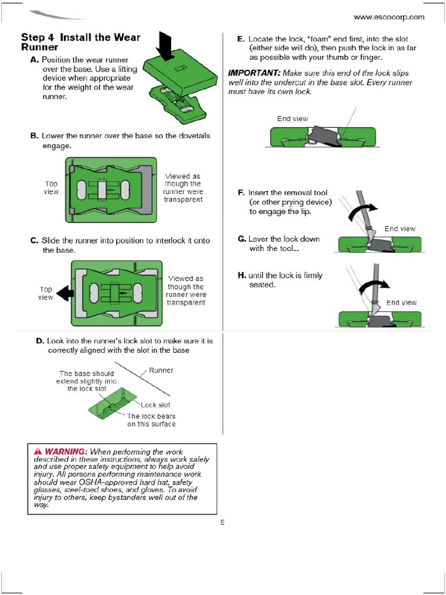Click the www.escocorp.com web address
point(389,17)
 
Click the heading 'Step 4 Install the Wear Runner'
point(80,42)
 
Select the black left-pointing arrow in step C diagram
point(64,293)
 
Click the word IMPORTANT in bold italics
point(254,73)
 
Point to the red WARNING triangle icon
point(38,451)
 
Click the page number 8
point(222,522)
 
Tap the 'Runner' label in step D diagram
point(161,370)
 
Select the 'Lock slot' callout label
point(155,405)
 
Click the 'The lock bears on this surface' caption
point(151,420)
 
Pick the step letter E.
point(240,38)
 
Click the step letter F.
point(241,192)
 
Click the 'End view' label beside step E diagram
point(292,119)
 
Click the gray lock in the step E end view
point(322,137)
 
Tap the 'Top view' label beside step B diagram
point(51,188)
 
